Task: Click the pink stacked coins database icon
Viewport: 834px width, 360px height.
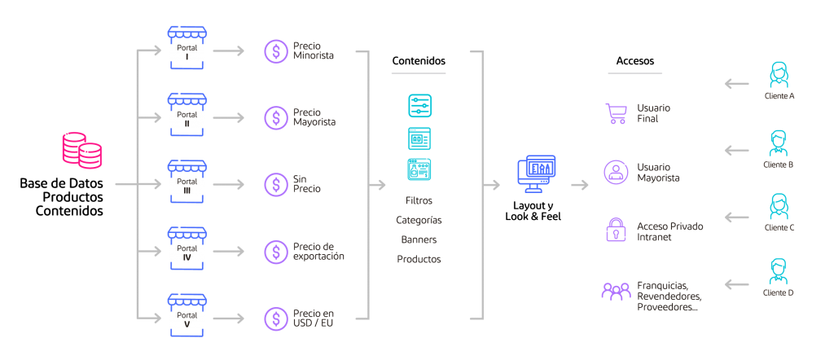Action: (x=82, y=151)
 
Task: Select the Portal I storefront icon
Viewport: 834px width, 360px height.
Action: (x=187, y=49)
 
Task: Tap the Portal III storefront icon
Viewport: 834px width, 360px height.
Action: (x=187, y=182)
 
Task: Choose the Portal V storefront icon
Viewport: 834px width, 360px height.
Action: (x=187, y=316)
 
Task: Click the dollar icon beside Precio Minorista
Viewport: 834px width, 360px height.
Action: (x=275, y=50)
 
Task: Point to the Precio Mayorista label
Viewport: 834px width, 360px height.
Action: (x=314, y=117)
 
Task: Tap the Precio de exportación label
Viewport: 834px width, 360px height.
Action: (x=318, y=251)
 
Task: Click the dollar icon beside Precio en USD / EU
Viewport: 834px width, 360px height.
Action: (x=275, y=318)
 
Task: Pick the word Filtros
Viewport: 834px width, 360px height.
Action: (x=419, y=200)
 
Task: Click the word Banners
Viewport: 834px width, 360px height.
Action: (x=419, y=239)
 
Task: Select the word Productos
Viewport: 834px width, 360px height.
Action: (x=419, y=259)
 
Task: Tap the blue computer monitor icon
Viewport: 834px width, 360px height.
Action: (x=536, y=173)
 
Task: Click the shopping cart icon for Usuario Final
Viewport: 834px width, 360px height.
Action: (x=616, y=113)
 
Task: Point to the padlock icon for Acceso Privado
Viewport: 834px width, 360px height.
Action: (x=616, y=230)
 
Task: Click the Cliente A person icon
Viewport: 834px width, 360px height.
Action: (x=779, y=76)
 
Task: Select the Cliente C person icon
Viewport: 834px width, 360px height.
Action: (x=779, y=208)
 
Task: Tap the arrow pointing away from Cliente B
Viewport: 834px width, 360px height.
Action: (x=737, y=150)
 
